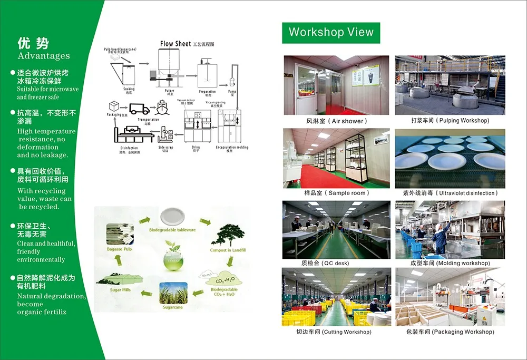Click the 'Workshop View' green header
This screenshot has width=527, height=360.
pyautogui.click(x=331, y=32)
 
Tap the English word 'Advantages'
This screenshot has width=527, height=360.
pyautogui.click(x=44, y=56)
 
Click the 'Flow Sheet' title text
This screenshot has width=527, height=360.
pyautogui.click(x=175, y=44)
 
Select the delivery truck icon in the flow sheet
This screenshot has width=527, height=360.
pyautogui.click(x=139, y=109)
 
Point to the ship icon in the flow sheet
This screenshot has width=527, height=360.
pyautogui.click(x=162, y=109)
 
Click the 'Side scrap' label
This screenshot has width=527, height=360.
pyautogui.click(x=165, y=148)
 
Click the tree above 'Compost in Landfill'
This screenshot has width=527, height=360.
pyautogui.click(x=228, y=236)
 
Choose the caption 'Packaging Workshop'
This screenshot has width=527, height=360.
pyautogui.click(x=450, y=332)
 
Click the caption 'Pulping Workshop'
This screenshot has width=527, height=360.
pyautogui.click(x=450, y=121)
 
